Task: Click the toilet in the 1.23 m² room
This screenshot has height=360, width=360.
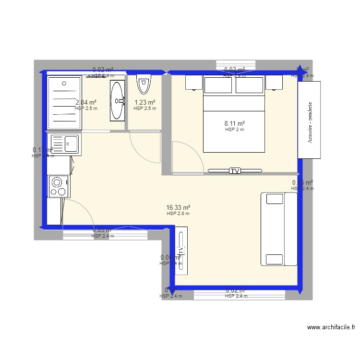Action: coord(144,84)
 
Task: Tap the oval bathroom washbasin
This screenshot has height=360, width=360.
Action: coord(117,100)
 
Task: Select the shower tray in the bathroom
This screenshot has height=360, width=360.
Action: coord(64,102)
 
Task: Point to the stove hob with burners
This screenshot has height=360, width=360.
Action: coord(59,186)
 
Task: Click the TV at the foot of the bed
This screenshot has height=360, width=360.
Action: coord(235,170)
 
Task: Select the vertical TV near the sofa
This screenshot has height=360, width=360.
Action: coord(181,250)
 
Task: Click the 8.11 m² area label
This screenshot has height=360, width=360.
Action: coord(235,123)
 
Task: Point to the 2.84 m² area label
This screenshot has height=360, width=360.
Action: coord(86,102)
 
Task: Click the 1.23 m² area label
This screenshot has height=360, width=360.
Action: coord(144,102)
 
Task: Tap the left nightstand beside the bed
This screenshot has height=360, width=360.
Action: coord(193,83)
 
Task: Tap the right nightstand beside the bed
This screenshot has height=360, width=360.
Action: coord(274,83)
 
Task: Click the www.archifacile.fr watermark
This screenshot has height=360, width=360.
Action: coord(331,327)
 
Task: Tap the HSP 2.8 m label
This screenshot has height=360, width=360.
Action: coord(178,214)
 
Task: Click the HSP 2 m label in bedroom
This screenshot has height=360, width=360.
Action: coord(235,130)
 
